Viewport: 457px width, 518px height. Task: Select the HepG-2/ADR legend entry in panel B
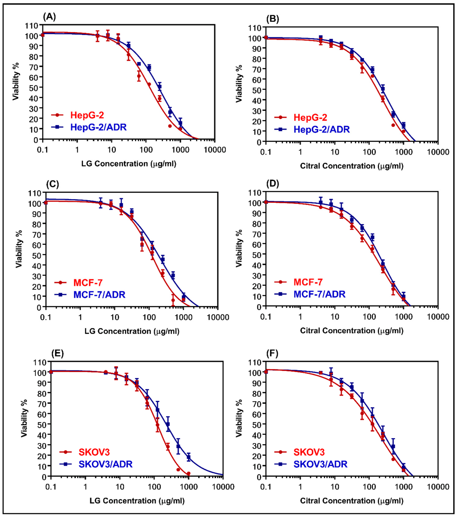(x=321, y=129)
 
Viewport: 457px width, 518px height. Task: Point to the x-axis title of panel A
(x=129, y=164)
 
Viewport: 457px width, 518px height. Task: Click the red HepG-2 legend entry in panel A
(x=87, y=115)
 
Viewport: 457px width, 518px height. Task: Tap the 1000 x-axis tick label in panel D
(x=403, y=317)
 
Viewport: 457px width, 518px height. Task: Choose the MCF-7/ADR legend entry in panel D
(x=319, y=294)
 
